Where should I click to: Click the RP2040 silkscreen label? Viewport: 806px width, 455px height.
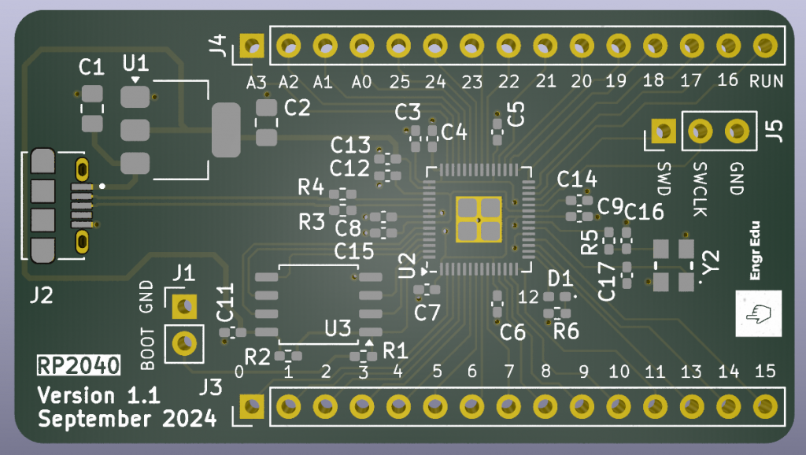pos(79,365)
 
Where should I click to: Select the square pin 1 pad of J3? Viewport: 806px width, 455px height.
pos(252,406)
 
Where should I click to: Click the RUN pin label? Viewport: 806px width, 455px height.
pos(765,80)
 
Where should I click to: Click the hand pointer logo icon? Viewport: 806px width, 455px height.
pos(759,313)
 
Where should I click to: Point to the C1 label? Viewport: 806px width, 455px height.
pos(91,68)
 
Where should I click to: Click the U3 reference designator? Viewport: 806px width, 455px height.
pos(338,327)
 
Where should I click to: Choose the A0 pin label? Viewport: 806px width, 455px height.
pos(361,81)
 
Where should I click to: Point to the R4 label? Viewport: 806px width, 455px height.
pos(311,187)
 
